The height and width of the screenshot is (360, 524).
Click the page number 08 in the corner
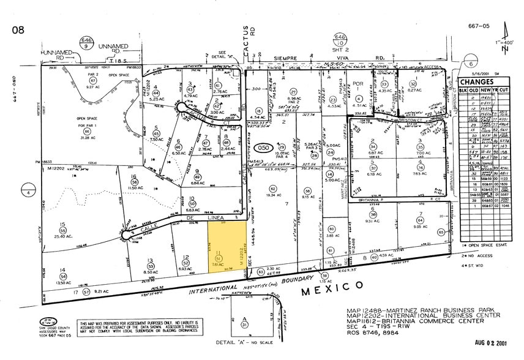point(18,29)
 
